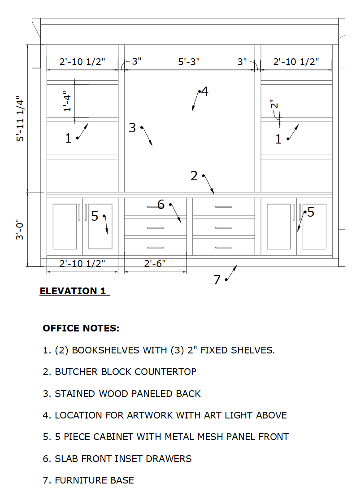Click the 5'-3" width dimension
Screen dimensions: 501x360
(x=189, y=61)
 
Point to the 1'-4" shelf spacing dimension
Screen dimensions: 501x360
(x=68, y=101)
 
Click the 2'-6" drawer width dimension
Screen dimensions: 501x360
(x=155, y=264)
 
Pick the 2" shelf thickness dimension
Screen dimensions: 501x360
(x=274, y=105)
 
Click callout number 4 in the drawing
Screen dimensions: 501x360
(x=204, y=92)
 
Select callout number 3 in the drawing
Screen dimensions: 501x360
(x=132, y=128)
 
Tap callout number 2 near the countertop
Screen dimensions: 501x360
(x=194, y=176)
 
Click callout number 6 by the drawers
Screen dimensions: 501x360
(x=161, y=205)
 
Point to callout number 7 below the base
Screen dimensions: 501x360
(x=217, y=280)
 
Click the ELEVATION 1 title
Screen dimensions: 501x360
(x=73, y=291)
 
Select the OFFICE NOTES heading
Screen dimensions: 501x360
(x=81, y=328)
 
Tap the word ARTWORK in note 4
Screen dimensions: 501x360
(x=152, y=415)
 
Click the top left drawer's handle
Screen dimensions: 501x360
(x=155, y=207)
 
